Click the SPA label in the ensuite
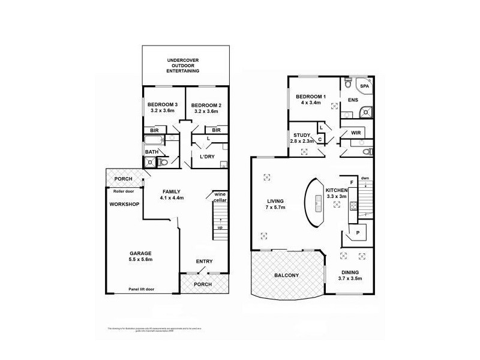pos(364,86)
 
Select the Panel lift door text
pos(141,289)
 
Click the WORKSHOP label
pos(124,204)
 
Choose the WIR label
pos(355,132)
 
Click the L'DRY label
pos(208,157)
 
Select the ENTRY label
pos(205,261)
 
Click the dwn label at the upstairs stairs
pos(365,178)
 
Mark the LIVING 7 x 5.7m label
pos(276,204)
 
